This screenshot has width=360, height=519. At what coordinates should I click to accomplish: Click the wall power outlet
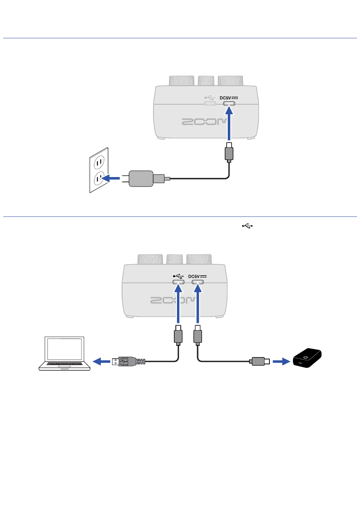click(x=99, y=170)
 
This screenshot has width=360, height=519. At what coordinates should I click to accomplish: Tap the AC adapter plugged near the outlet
click(x=141, y=178)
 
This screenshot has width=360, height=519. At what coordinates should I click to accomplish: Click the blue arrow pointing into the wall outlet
click(x=112, y=178)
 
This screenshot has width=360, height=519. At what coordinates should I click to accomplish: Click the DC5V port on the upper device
click(x=229, y=103)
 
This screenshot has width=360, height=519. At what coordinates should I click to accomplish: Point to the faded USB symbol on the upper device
click(x=210, y=98)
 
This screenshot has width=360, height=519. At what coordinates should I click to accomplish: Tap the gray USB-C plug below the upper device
click(x=229, y=153)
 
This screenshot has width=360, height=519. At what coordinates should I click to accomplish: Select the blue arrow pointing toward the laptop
click(x=101, y=362)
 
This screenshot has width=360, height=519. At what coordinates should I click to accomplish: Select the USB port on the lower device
click(x=178, y=282)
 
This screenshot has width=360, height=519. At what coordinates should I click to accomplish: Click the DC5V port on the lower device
click(x=197, y=282)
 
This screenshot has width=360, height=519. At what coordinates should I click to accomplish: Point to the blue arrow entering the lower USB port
click(x=178, y=303)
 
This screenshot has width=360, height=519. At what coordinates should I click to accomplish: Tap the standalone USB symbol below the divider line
click(x=247, y=226)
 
